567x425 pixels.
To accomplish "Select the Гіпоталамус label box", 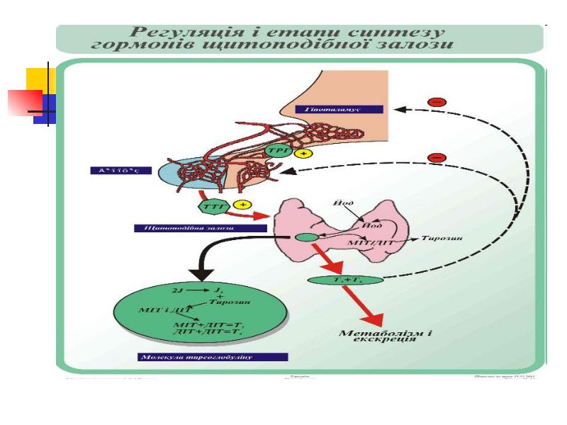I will point(339,109).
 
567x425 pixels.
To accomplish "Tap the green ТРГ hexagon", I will point(276,151).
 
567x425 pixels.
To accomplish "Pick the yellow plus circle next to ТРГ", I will point(304,154).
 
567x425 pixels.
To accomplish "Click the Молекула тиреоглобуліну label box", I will point(213,357).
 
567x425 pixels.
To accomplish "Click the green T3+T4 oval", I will point(345,280).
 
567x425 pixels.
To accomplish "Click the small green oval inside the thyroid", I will point(306,238).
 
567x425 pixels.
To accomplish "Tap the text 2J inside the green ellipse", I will point(178,290).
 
